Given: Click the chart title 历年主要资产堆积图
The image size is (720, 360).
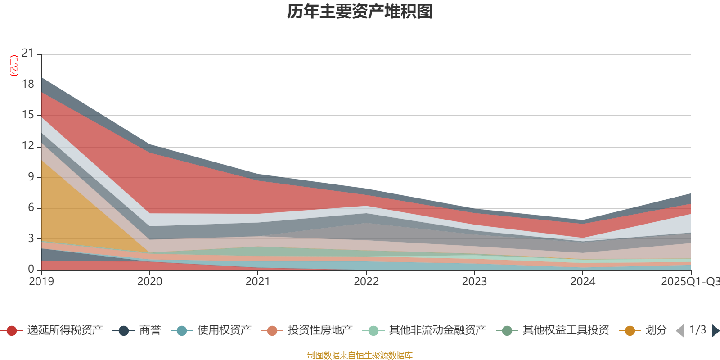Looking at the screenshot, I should pos(360,12).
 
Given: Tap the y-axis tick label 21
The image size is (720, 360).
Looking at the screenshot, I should pos(28,54).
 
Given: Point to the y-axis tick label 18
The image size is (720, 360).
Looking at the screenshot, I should pos(28,84).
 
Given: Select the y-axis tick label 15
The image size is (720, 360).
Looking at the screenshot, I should pos(28,115).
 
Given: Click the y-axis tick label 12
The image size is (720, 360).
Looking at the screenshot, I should pos(28,146).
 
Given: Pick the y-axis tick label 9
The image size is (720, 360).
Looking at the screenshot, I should pos(31,177).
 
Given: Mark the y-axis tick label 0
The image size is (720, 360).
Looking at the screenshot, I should pos(31,269).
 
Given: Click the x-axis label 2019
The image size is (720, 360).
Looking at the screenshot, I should pos(41,282).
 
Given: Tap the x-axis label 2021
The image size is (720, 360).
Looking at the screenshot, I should pos(258,282).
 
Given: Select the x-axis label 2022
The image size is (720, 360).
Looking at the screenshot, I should pos(366,282).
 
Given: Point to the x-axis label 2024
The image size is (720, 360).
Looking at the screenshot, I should pos(583,282).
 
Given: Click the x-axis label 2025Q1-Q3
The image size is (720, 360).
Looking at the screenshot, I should pos(690,282).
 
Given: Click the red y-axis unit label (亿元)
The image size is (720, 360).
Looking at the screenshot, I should pos(14,66).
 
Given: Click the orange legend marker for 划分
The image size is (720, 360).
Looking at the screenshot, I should pos(630,331).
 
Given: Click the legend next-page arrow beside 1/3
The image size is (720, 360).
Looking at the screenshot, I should pos(715,331).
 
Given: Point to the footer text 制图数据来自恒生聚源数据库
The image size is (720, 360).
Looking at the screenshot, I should pos(360,355).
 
